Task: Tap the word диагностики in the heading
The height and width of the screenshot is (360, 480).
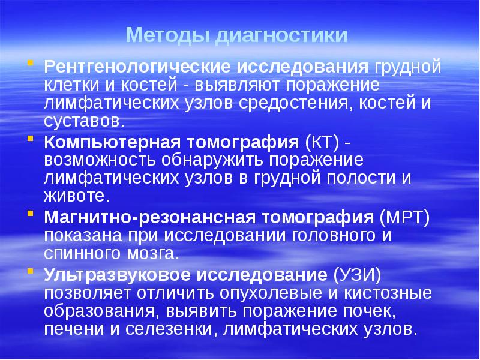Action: [281, 35]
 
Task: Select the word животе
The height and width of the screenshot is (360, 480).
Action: [75, 196]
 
